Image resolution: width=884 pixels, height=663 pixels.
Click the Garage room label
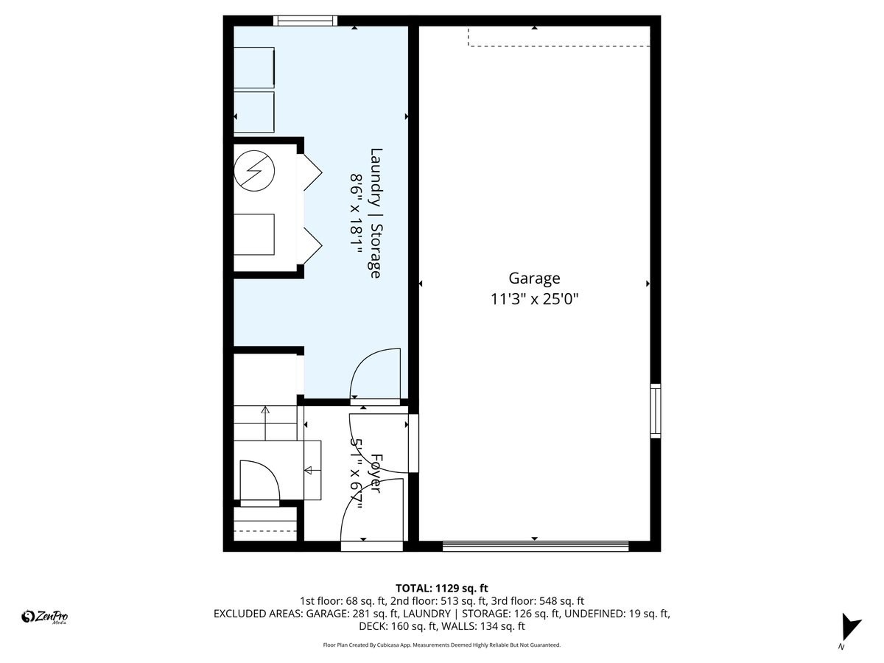(x=534, y=278)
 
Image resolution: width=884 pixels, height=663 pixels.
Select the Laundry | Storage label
(x=376, y=213)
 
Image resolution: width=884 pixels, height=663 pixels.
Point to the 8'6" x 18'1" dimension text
(x=357, y=213)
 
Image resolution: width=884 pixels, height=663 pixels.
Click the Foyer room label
(x=376, y=473)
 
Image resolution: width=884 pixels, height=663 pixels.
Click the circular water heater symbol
(x=253, y=171)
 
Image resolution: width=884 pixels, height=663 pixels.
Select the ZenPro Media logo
(x=45, y=617)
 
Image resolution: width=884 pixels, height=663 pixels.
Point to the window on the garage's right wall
(x=655, y=411)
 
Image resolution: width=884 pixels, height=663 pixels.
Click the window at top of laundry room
(x=305, y=21)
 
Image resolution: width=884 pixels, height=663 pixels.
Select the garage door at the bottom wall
(x=535, y=546)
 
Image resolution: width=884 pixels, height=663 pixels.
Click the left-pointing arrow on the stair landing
(x=308, y=470)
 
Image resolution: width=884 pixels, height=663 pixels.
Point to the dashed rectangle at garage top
(x=558, y=37)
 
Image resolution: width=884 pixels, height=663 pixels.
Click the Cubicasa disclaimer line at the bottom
(x=442, y=645)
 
